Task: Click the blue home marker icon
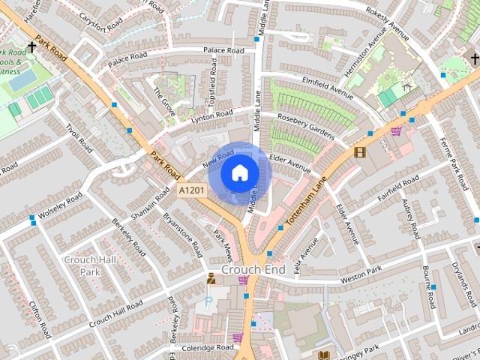click(x=239, y=172)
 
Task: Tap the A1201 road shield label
click(x=192, y=192)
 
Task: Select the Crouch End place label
click(x=253, y=268)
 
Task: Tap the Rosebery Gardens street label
click(x=305, y=125)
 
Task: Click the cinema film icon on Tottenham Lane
click(x=359, y=152)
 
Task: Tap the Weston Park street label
click(x=361, y=274)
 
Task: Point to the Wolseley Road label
click(x=60, y=205)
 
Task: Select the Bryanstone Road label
click(x=182, y=233)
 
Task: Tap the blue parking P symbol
click(x=208, y=303)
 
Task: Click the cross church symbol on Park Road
click(x=31, y=46)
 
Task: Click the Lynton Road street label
click(x=212, y=116)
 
